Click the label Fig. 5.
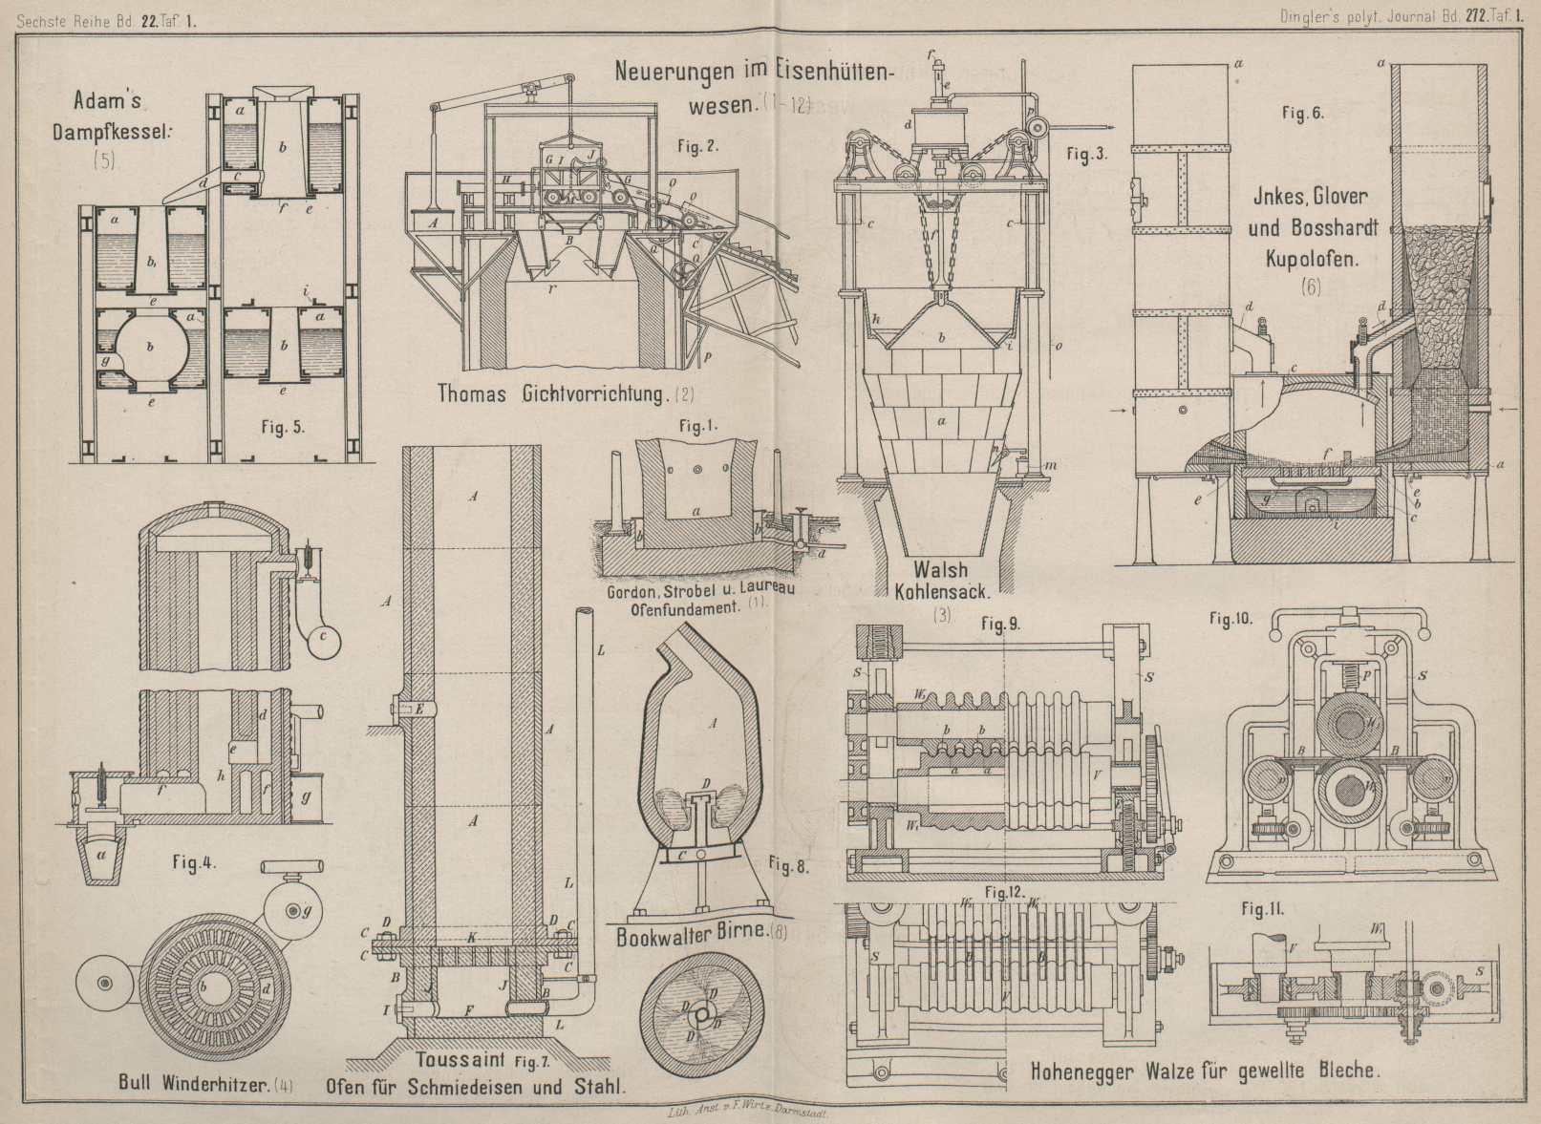(283, 428)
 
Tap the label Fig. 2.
(698, 146)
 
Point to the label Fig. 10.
(1231, 619)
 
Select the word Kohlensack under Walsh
(942, 591)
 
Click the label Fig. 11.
(1262, 909)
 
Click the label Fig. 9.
(1001, 626)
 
